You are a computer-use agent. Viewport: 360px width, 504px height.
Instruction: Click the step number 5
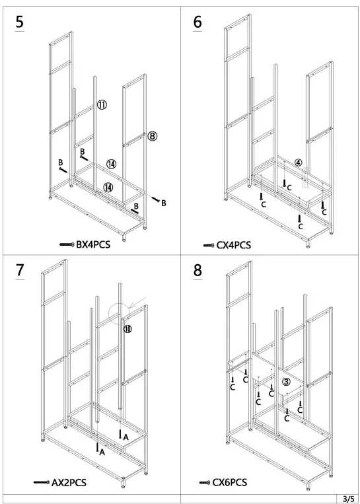point(20,22)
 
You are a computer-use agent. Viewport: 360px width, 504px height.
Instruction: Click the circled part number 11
point(102,105)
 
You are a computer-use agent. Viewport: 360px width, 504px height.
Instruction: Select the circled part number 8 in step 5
point(152,136)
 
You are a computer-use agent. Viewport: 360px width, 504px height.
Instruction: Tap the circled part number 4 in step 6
point(298,162)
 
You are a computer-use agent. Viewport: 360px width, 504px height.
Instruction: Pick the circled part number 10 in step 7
point(127,328)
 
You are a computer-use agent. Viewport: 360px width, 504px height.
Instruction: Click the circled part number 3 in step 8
point(286,381)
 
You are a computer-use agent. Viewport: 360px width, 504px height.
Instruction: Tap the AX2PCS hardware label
point(69,483)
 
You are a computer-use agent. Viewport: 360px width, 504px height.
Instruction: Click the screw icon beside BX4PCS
point(67,245)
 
